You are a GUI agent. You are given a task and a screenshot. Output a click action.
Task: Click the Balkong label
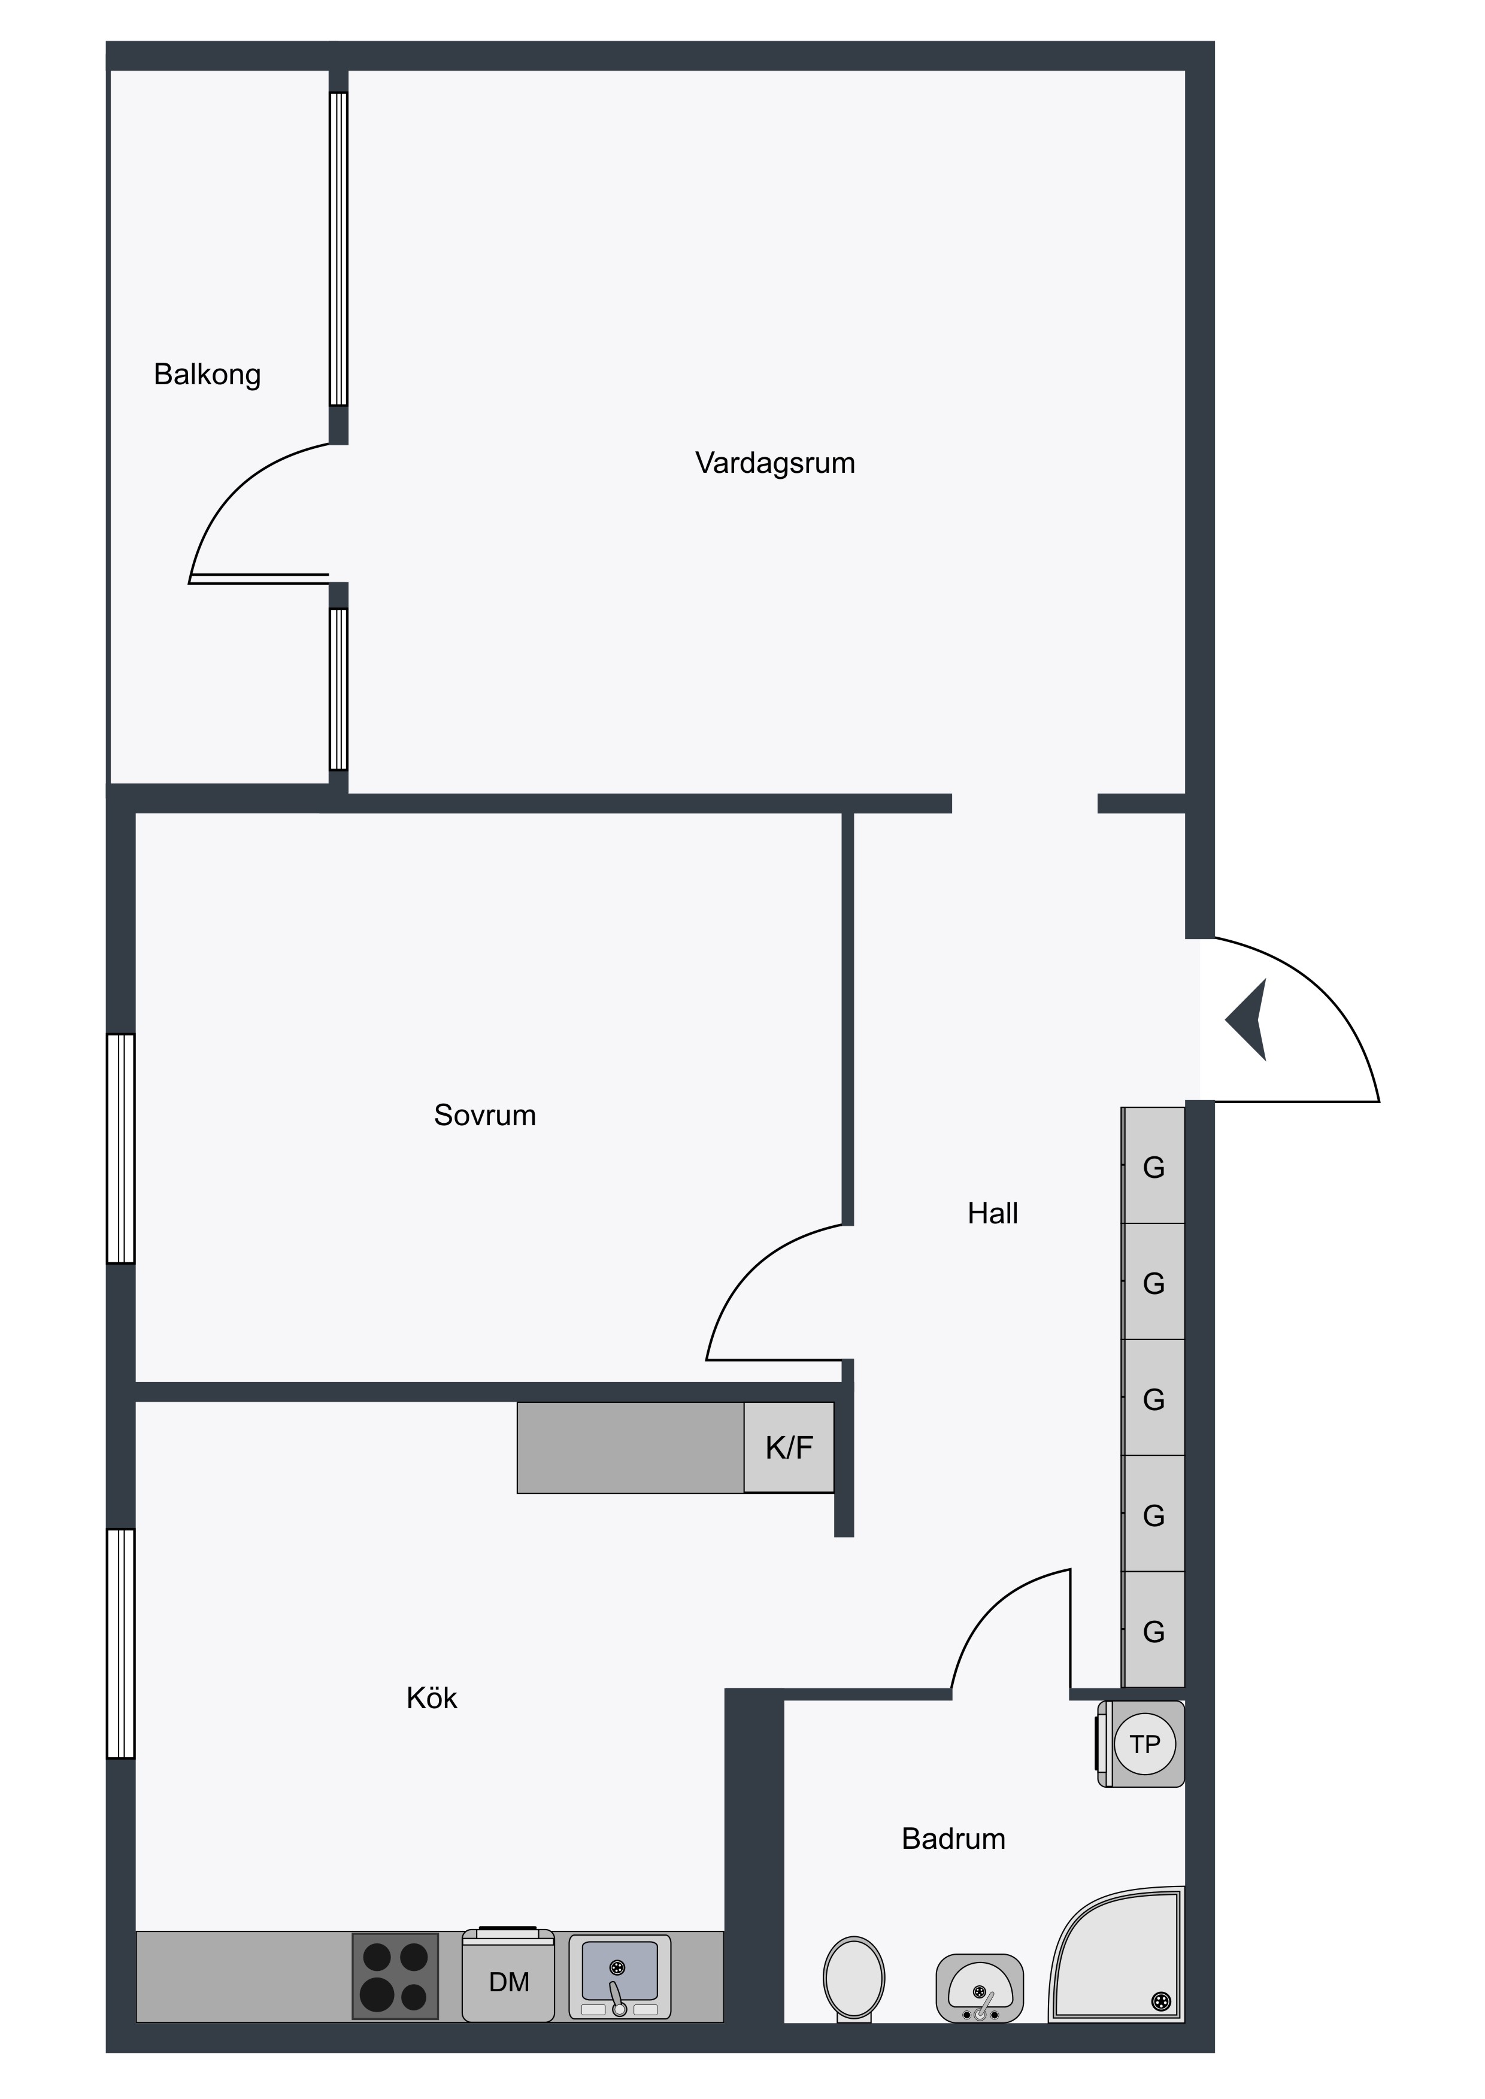pyautogui.click(x=208, y=375)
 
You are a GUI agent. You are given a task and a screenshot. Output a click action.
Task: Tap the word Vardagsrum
pyautogui.click(x=775, y=463)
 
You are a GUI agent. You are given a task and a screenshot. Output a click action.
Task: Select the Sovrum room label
pyautogui.click(x=484, y=1114)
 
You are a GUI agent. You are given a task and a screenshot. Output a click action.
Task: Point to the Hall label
pyautogui.click(x=993, y=1213)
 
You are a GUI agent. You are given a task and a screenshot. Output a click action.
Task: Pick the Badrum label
pyautogui.click(x=954, y=1839)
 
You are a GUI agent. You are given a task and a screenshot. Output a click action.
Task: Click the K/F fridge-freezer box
pyautogui.click(x=789, y=1447)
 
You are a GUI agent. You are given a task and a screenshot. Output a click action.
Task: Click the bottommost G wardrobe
pyautogui.click(x=1154, y=1630)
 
